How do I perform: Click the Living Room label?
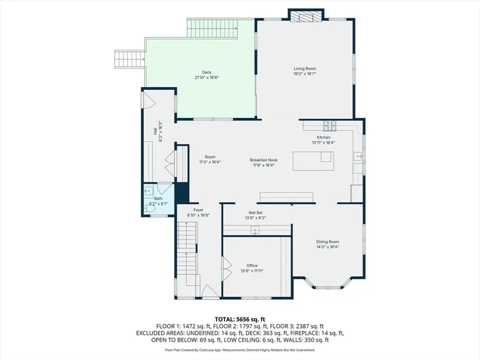(305, 69)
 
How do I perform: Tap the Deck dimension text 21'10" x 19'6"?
(207, 77)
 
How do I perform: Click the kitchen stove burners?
(330, 126)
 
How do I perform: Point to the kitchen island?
(313, 161)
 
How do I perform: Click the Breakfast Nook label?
(264, 160)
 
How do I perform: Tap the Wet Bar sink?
(255, 230)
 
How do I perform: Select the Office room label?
(252, 266)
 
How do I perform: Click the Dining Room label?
(328, 242)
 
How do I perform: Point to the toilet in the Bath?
(150, 208)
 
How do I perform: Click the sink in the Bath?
(149, 191)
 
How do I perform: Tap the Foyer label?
(198, 210)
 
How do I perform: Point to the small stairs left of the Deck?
(130, 59)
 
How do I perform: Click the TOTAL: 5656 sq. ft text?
(240, 320)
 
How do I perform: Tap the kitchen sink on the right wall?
(358, 156)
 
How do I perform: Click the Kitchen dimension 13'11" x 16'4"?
(323, 142)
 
